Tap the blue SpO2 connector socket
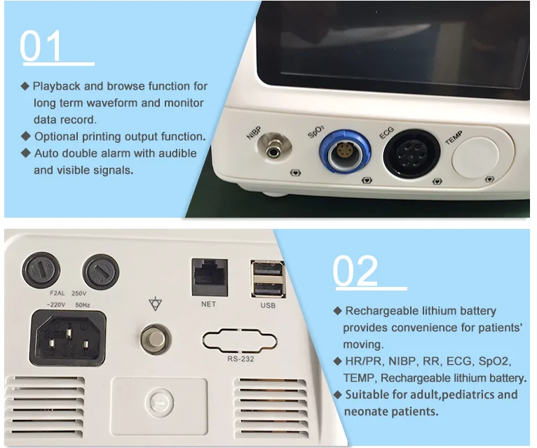(x=344, y=151)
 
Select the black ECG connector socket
(x=412, y=153)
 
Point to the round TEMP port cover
(x=475, y=157)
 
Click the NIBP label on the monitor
(x=254, y=132)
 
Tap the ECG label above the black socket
(x=387, y=133)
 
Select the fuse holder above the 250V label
(x=101, y=271)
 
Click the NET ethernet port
(x=210, y=277)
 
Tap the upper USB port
(x=268, y=269)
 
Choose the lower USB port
(x=268, y=289)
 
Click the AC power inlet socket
(x=68, y=338)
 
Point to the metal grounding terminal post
(x=156, y=339)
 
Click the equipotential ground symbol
(x=156, y=303)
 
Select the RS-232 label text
(x=240, y=358)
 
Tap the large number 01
(x=41, y=45)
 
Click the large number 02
(x=355, y=271)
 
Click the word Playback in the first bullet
(x=57, y=86)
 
